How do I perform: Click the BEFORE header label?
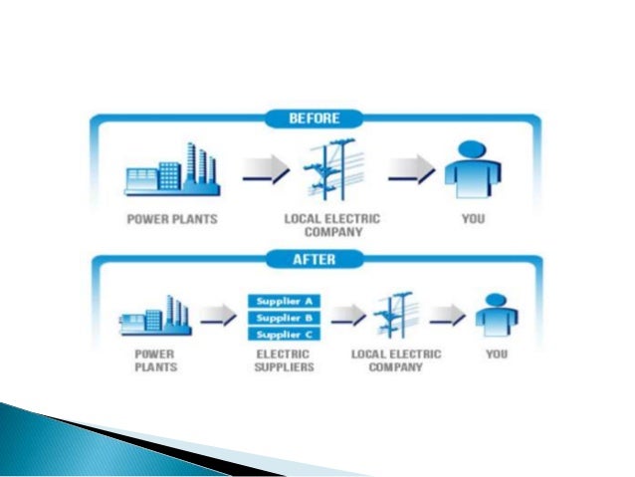(316, 119)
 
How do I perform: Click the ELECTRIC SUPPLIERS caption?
(283, 360)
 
